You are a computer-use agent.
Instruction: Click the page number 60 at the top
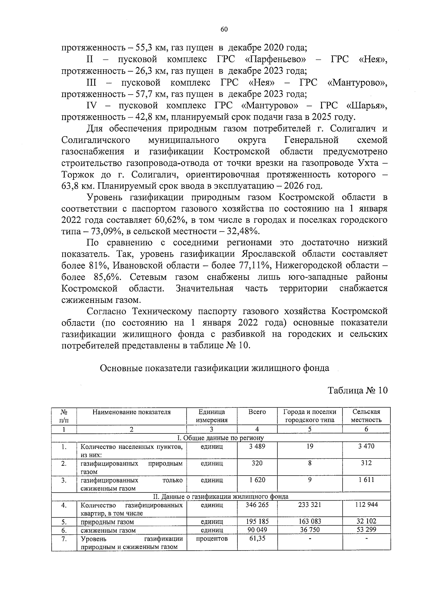tap(224, 30)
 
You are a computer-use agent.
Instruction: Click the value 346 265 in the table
tap(257, 505)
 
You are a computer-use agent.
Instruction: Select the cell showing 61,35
tap(257, 538)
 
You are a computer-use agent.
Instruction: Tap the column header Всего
tap(257, 412)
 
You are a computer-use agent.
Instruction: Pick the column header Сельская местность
tap(366, 416)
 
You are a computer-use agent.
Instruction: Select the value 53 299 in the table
tap(366, 530)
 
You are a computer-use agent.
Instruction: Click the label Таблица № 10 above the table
tap(358, 390)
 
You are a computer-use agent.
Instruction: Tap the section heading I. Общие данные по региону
tap(220, 438)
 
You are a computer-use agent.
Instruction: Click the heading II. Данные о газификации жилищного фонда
tap(220, 497)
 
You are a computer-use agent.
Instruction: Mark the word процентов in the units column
tap(212, 539)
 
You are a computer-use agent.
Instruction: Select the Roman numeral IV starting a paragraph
tap(91, 106)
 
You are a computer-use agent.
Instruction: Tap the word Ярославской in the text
tap(269, 254)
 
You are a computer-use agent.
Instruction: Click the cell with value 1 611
tap(366, 480)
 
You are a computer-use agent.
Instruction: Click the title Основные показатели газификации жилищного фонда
tap(215, 368)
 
